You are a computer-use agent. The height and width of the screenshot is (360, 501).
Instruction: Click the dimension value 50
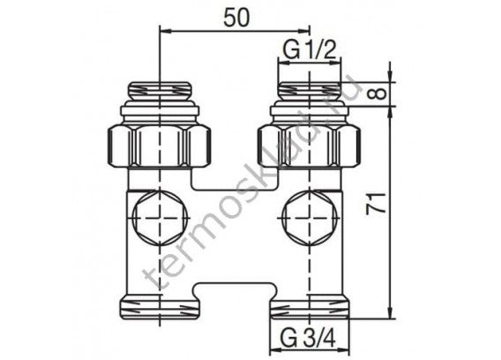pos(236,18)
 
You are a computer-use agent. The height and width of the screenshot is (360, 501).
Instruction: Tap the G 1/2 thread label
pos(310,50)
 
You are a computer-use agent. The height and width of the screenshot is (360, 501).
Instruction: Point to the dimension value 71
pos(376,204)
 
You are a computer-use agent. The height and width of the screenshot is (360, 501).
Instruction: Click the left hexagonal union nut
pos(160,146)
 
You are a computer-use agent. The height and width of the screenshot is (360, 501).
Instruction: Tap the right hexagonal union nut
pos(309,146)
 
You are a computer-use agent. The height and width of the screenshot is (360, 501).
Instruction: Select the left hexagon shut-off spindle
pos(160,218)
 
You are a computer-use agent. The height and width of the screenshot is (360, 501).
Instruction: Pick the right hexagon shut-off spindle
pos(309,218)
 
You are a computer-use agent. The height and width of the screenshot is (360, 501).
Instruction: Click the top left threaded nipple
pos(160,90)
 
